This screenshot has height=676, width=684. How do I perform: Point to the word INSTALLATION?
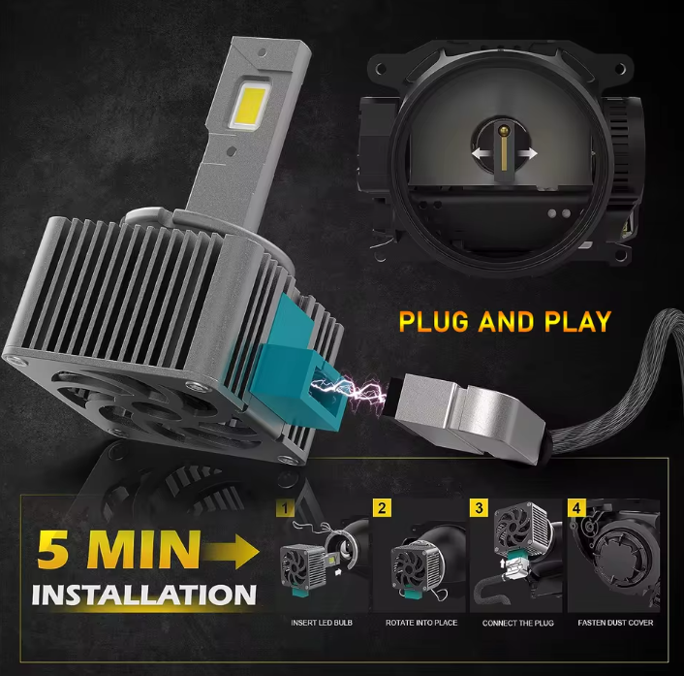(x=143, y=594)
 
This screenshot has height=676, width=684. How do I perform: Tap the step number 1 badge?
(x=285, y=507)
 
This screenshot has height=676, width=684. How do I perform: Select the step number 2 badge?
(x=383, y=507)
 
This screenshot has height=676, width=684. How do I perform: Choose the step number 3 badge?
(x=478, y=507)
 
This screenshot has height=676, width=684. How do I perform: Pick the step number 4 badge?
(x=577, y=507)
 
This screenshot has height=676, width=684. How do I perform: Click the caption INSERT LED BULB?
(x=323, y=623)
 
